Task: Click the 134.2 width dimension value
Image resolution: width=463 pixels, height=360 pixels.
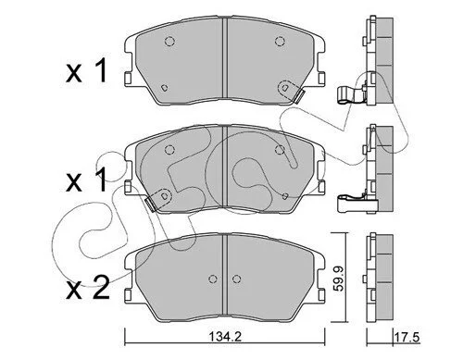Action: click(225, 336)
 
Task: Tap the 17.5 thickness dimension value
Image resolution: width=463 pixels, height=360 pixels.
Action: click(407, 337)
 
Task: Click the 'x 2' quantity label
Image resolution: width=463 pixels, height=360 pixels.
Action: click(88, 288)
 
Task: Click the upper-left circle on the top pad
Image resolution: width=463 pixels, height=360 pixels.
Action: click(169, 41)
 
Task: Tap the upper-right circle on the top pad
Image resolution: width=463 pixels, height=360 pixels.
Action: click(280, 41)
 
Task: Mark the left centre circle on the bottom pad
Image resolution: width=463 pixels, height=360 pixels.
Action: click(213, 279)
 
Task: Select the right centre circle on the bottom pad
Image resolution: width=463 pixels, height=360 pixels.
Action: click(236, 279)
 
